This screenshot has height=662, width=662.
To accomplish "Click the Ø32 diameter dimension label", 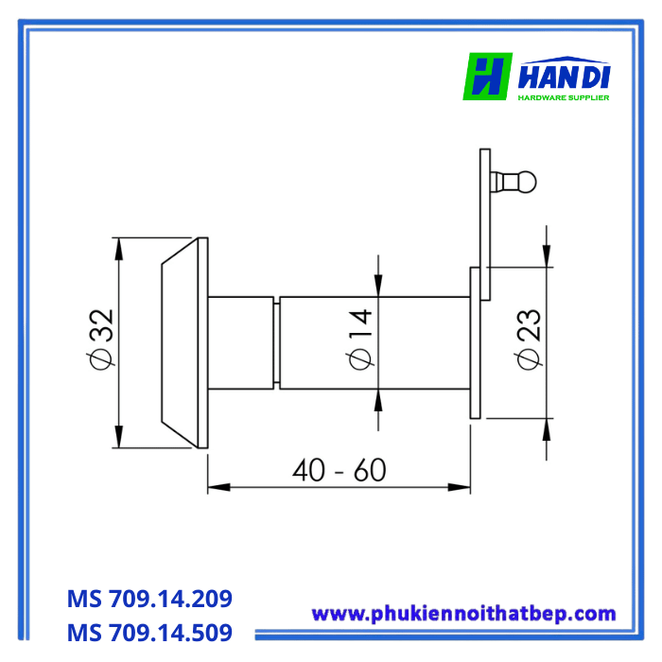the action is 101,340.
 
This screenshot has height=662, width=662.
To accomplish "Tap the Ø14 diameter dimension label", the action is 359,340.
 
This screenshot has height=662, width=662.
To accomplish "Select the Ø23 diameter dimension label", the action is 528,340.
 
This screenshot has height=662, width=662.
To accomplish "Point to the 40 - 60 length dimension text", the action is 339,470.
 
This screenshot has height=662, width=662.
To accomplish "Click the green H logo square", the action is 488,77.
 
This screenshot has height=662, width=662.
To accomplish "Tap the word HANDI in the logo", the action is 564,77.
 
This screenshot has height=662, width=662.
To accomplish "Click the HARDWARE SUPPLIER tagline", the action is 564,97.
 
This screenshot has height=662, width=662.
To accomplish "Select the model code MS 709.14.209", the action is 149,599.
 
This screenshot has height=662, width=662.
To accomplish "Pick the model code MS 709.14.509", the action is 149,633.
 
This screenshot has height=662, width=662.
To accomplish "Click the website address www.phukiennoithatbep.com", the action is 463,615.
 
